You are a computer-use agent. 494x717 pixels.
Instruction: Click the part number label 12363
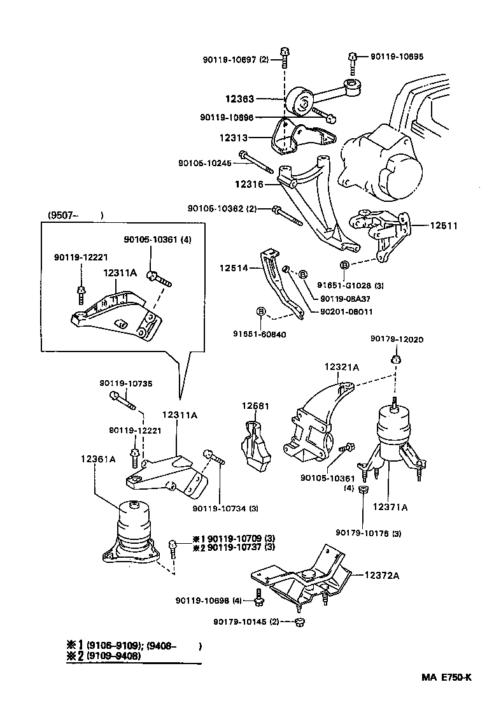239,99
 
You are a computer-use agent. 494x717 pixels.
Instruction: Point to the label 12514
234,268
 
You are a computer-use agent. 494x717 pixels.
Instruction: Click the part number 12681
255,406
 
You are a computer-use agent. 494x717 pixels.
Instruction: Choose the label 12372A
382,576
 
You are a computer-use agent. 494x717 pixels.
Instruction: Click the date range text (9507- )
74,215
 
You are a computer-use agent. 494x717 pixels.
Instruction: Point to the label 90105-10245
205,163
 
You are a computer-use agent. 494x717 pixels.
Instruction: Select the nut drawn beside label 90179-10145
300,622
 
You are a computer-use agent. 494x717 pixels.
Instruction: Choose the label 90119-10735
125,383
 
